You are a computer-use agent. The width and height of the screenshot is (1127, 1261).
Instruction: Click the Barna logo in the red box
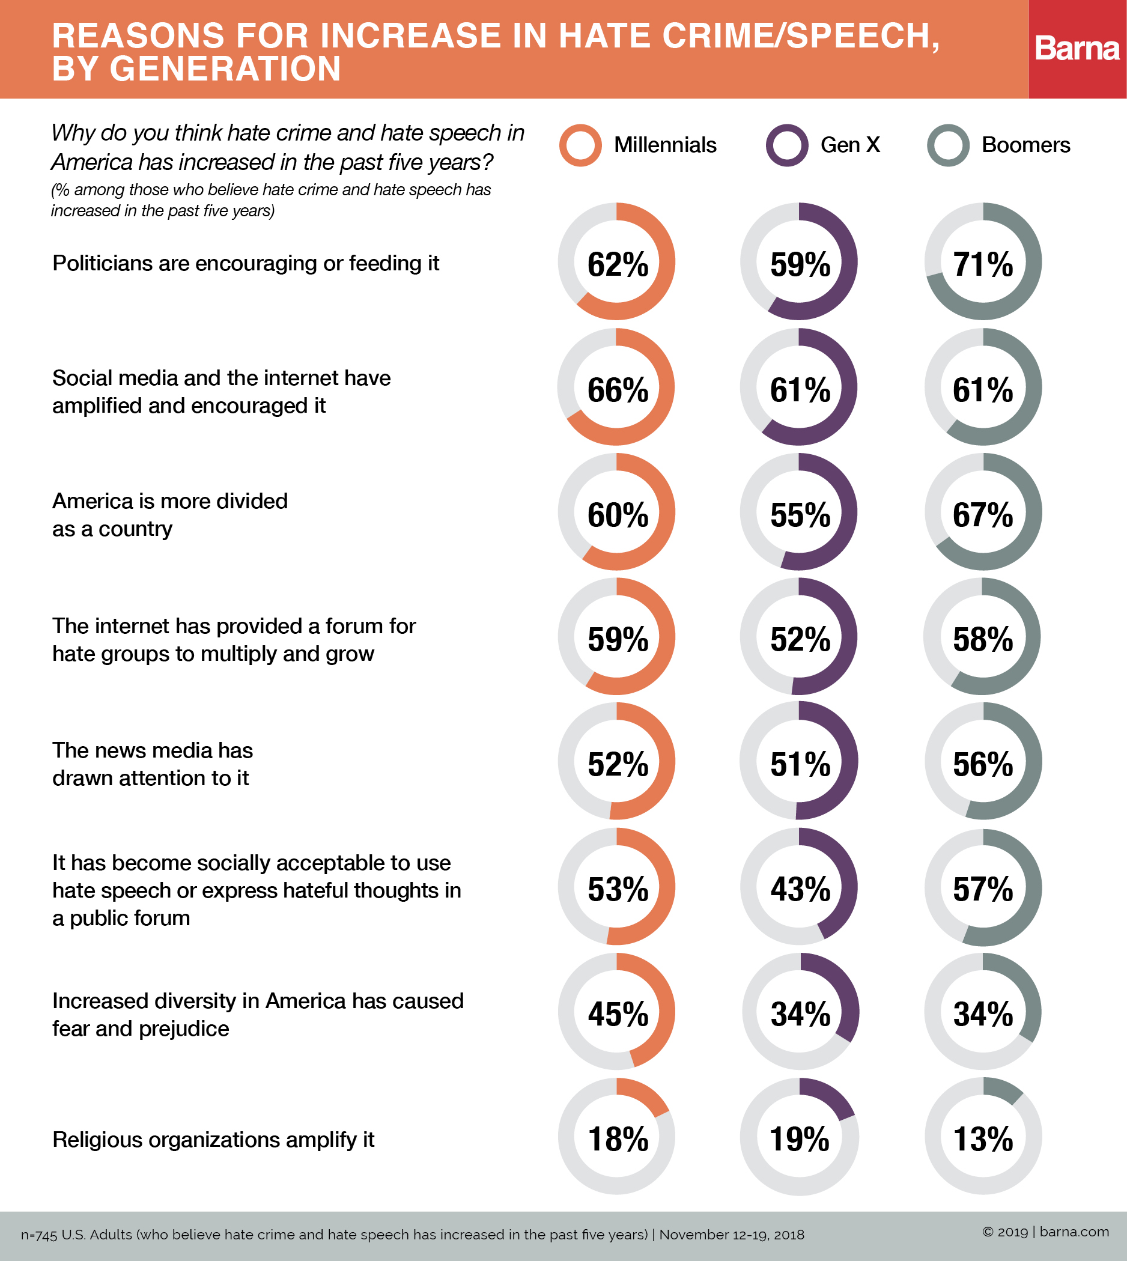(x=1077, y=48)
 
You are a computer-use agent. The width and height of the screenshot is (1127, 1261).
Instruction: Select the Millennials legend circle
(x=580, y=145)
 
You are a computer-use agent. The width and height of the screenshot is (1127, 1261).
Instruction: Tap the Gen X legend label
(x=849, y=145)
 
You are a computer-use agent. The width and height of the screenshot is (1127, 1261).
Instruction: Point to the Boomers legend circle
(x=948, y=145)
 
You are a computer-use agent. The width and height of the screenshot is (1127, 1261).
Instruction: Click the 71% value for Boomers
(x=983, y=264)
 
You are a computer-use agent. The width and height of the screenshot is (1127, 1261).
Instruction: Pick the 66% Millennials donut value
(x=618, y=390)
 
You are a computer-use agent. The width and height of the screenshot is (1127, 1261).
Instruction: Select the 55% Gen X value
(x=800, y=515)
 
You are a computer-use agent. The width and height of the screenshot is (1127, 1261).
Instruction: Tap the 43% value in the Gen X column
(x=800, y=890)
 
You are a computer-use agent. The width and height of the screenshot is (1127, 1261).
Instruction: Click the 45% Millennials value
(x=618, y=1015)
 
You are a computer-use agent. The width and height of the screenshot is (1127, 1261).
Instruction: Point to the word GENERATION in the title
(x=225, y=68)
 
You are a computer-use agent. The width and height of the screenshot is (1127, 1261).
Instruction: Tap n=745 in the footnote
(x=39, y=1235)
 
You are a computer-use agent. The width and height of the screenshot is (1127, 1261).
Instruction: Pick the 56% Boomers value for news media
(x=983, y=765)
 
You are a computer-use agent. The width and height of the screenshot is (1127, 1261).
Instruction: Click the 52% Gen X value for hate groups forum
(x=800, y=640)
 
